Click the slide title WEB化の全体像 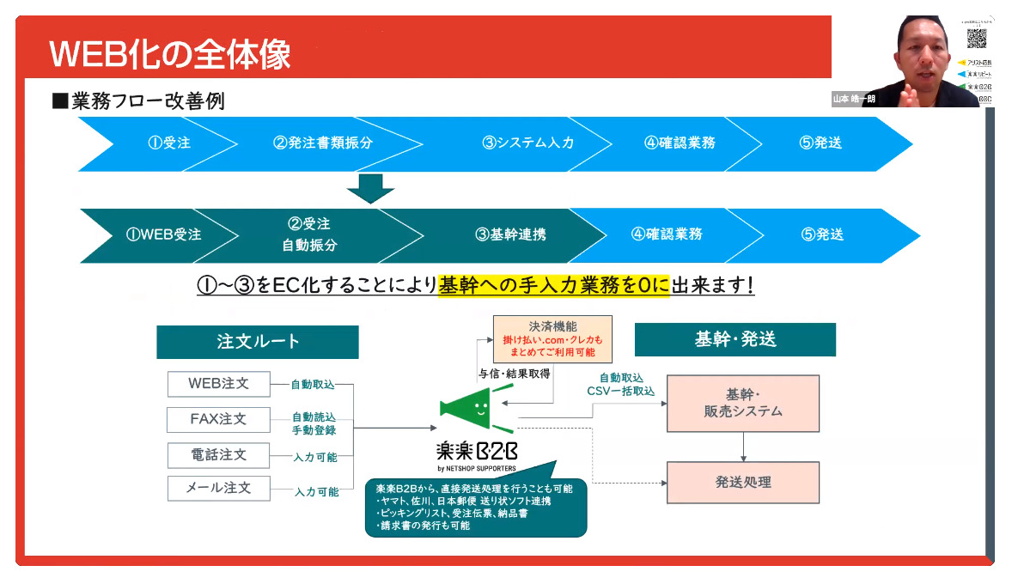click(x=170, y=53)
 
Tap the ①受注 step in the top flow click(x=168, y=143)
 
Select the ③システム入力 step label click(x=527, y=143)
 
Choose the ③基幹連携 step click(x=509, y=234)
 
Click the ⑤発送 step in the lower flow click(x=822, y=234)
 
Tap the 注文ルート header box click(x=258, y=341)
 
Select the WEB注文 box click(x=218, y=384)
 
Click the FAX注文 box click(x=218, y=419)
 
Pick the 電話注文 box click(x=218, y=454)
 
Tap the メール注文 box click(x=218, y=488)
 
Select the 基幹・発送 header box click(x=735, y=339)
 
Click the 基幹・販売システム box click(x=742, y=403)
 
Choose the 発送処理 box click(x=742, y=482)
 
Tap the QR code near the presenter click(x=976, y=38)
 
